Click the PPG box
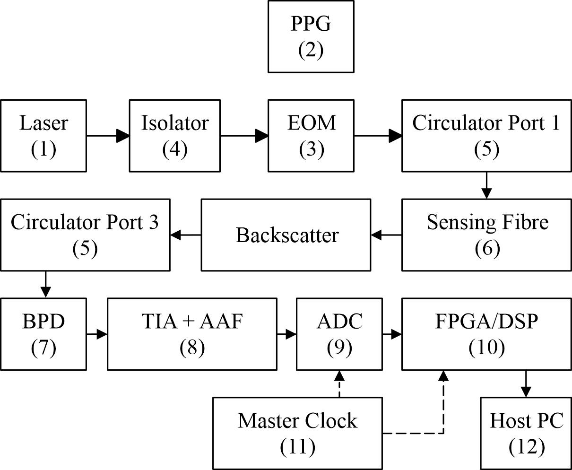point(311,36)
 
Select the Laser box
point(43,136)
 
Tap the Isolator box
point(174,136)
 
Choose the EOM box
point(311,136)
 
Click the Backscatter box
point(286,235)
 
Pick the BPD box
point(43,334)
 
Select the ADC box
point(339,334)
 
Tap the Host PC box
point(526,434)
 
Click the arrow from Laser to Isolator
point(108,136)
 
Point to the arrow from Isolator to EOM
point(244,136)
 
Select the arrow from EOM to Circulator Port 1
point(378,136)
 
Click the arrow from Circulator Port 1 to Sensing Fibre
point(486,186)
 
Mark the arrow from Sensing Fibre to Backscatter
point(387,235)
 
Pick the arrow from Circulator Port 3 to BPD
point(45,285)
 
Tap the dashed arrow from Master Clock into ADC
point(339,384)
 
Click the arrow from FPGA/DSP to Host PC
point(526,384)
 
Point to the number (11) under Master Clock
point(297,447)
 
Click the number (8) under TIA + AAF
point(192,348)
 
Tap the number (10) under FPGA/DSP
point(486,348)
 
